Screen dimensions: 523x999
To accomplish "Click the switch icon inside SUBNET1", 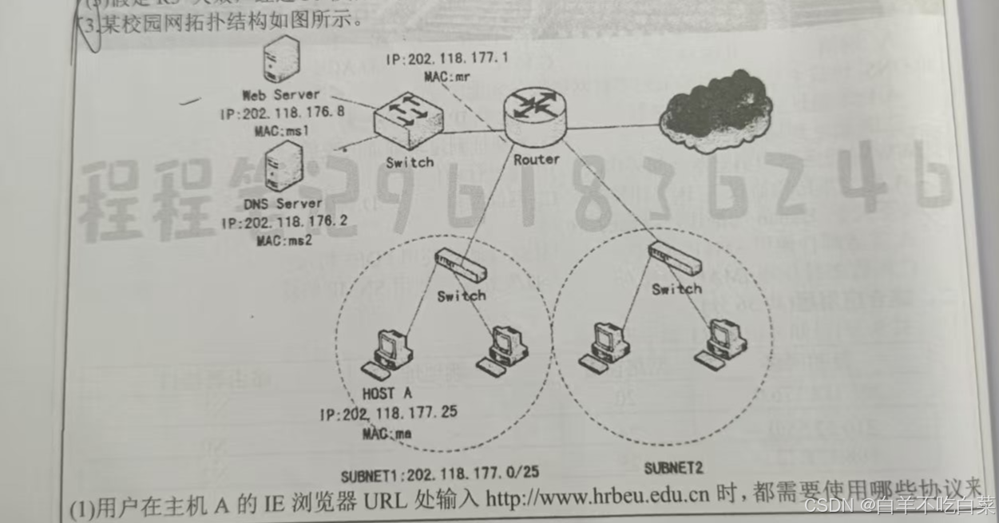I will pos(459,265).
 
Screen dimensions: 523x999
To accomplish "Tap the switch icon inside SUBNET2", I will pos(675,259).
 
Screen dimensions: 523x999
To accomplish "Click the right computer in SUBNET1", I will pos(503,351).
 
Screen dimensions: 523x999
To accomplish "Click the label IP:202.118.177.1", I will pos(446,58).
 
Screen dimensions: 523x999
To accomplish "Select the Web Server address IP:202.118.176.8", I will pos(283,113).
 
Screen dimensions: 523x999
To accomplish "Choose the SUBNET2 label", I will pos(673,467).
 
